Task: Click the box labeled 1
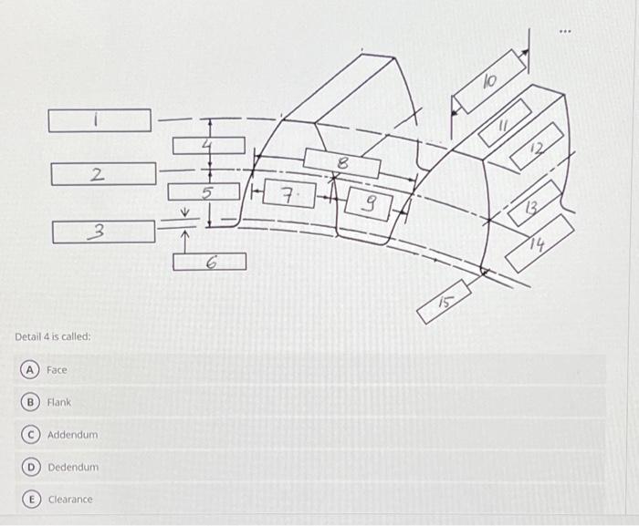100,120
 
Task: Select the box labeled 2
103,173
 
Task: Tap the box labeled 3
103,232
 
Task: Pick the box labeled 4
209,145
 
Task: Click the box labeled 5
208,192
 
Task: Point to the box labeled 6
210,262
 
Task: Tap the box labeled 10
490,83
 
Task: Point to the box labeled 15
444,302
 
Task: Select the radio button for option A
30,369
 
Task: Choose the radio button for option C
30,435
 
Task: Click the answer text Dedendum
73,468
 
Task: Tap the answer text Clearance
70,500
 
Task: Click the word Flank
59,402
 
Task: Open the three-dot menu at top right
568,31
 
